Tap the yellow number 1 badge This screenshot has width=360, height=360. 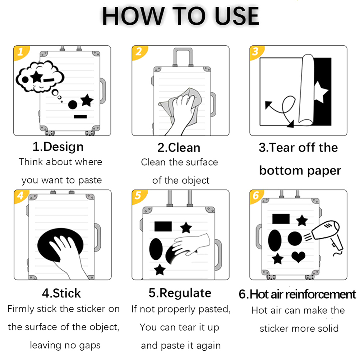tap(21, 52)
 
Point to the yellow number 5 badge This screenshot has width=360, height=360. tap(138, 196)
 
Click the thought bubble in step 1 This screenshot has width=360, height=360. tap(40, 77)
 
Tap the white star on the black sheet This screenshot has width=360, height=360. tap(320, 92)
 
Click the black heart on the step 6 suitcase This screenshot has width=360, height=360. tap(298, 257)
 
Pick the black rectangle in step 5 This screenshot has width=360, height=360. tap(163, 226)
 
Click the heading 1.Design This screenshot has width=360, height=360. tap(58, 147)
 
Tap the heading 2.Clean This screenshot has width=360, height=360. tap(179, 148)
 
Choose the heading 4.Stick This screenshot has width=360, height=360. tap(61, 293)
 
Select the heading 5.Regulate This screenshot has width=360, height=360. tap(180, 294)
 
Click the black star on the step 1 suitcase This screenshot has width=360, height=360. tap(87, 100)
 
